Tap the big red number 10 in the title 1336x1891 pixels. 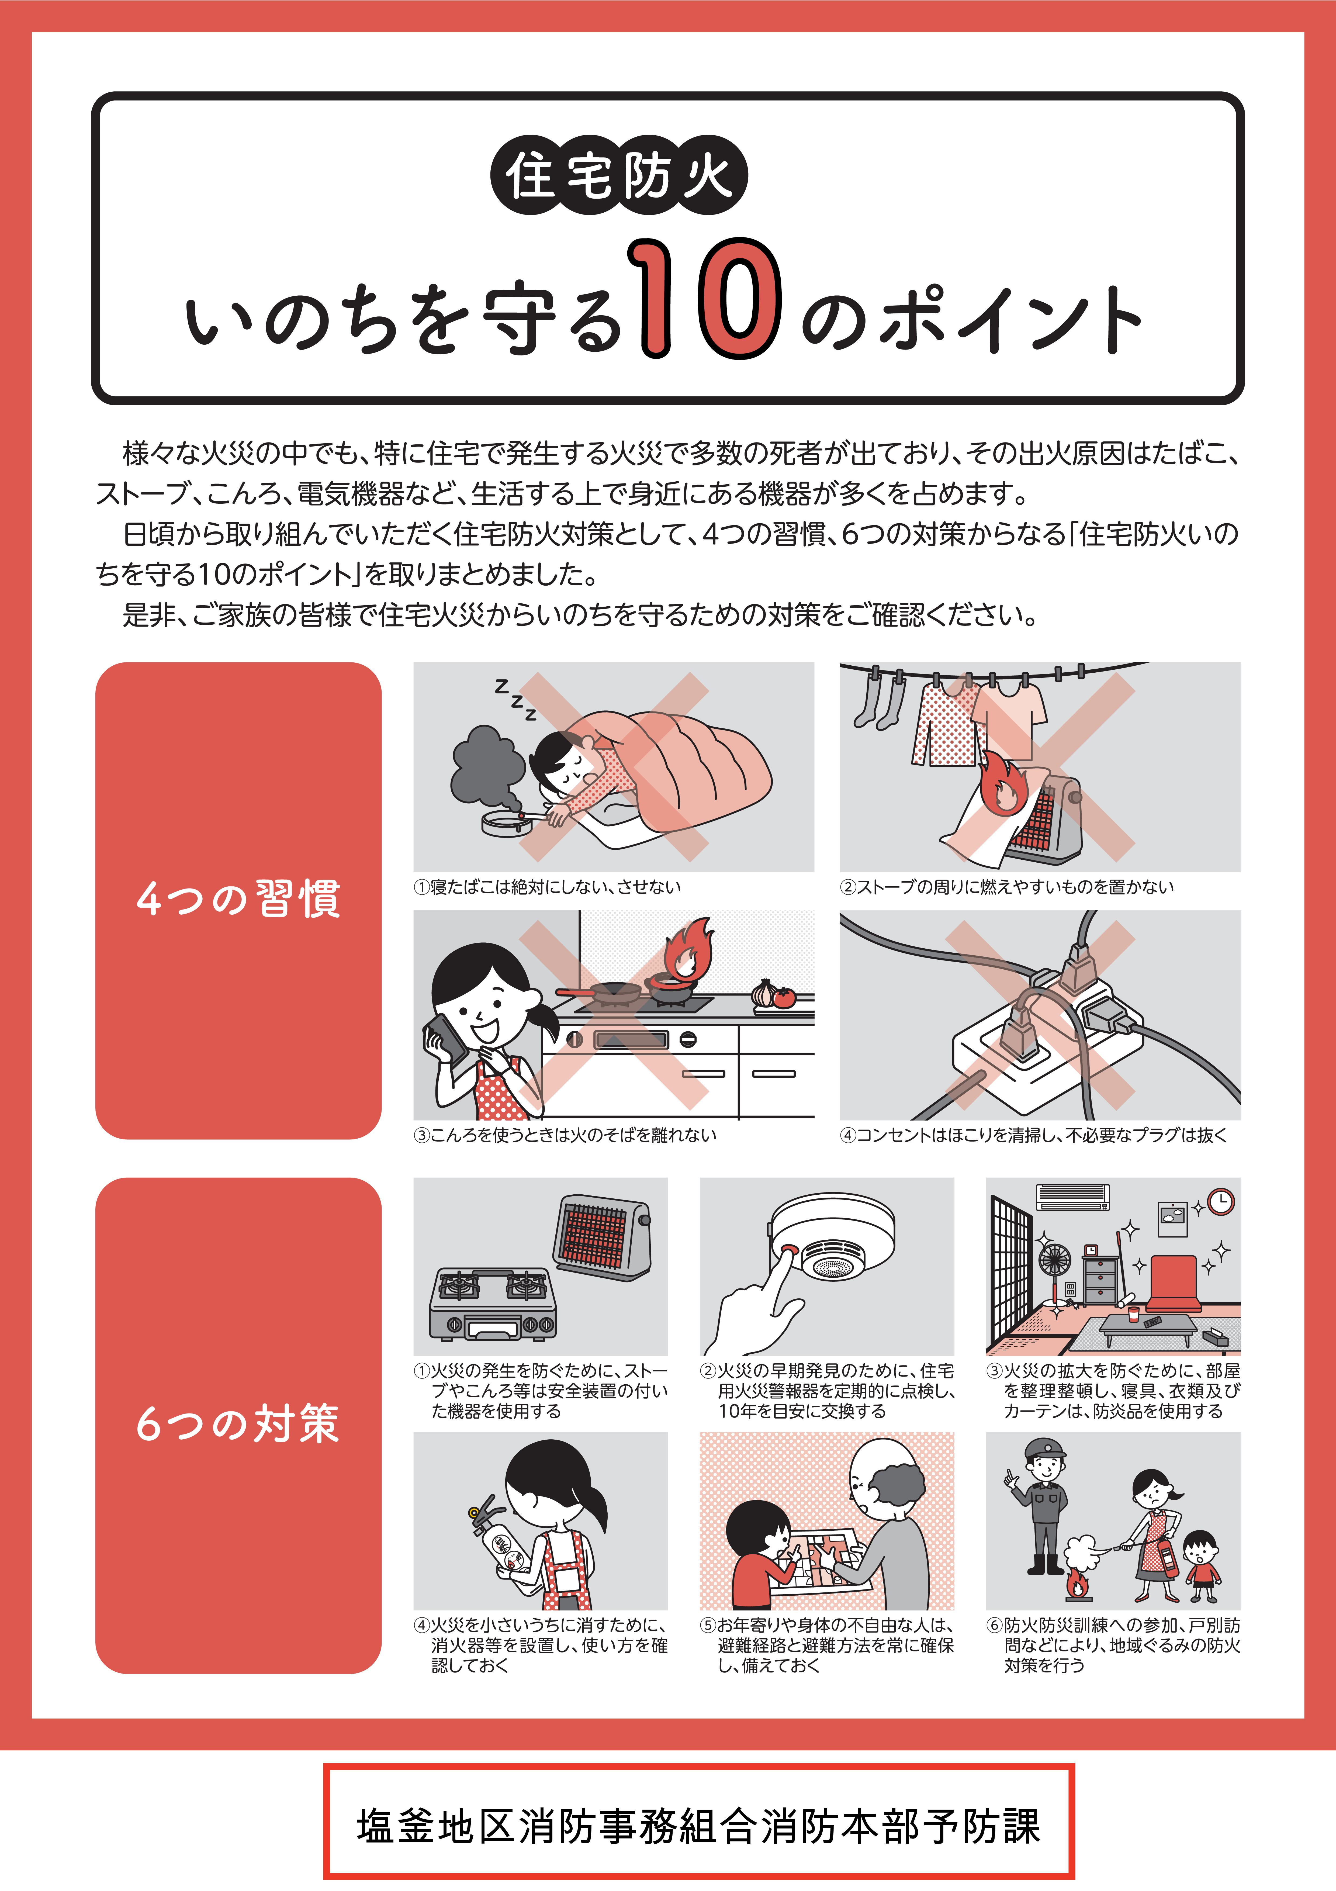[x=704, y=298]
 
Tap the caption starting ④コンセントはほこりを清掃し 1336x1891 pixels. [x=1033, y=1135]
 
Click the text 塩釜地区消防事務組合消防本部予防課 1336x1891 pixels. [x=698, y=1826]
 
